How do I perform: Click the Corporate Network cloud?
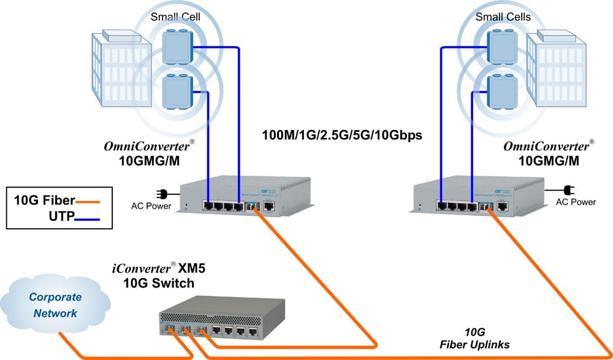click(x=55, y=305)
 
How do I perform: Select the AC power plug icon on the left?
click(x=162, y=194)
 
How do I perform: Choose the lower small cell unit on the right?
click(x=500, y=90)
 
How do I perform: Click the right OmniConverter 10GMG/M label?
click(x=549, y=155)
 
